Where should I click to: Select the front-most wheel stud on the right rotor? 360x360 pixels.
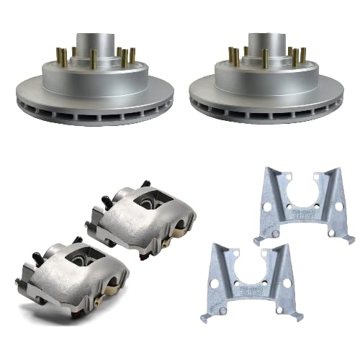266,60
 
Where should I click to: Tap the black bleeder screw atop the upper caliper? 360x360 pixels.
146,184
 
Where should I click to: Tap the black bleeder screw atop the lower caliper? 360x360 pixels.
77,240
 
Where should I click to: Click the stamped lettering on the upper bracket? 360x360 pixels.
307,214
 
